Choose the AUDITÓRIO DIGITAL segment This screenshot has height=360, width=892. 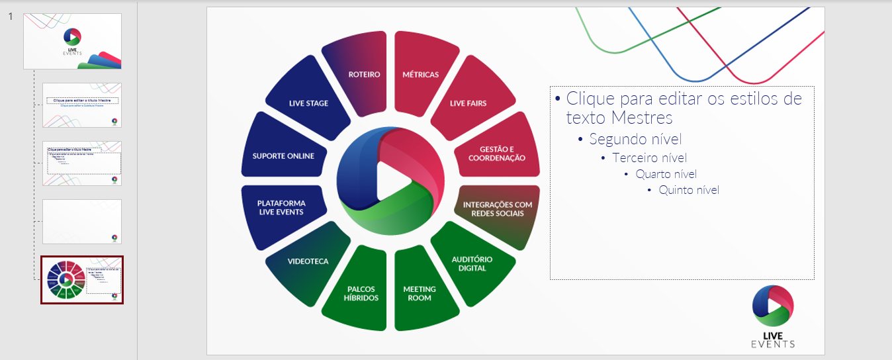pyautogui.click(x=472, y=263)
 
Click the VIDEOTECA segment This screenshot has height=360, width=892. pyautogui.click(x=308, y=261)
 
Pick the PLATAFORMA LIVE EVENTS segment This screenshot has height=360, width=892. pyautogui.click(x=282, y=206)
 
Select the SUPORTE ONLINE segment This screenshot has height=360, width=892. pyautogui.click(x=283, y=155)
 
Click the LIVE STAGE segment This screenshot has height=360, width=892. pyautogui.click(x=308, y=103)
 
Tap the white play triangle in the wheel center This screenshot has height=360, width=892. pyautogui.click(x=388, y=181)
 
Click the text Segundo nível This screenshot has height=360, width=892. pyautogui.click(x=635, y=140)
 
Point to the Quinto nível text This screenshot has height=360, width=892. pyautogui.click(x=688, y=191)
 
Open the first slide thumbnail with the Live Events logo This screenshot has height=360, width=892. pyautogui.click(x=73, y=41)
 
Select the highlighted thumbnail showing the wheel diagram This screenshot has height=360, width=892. pyautogui.click(x=82, y=280)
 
